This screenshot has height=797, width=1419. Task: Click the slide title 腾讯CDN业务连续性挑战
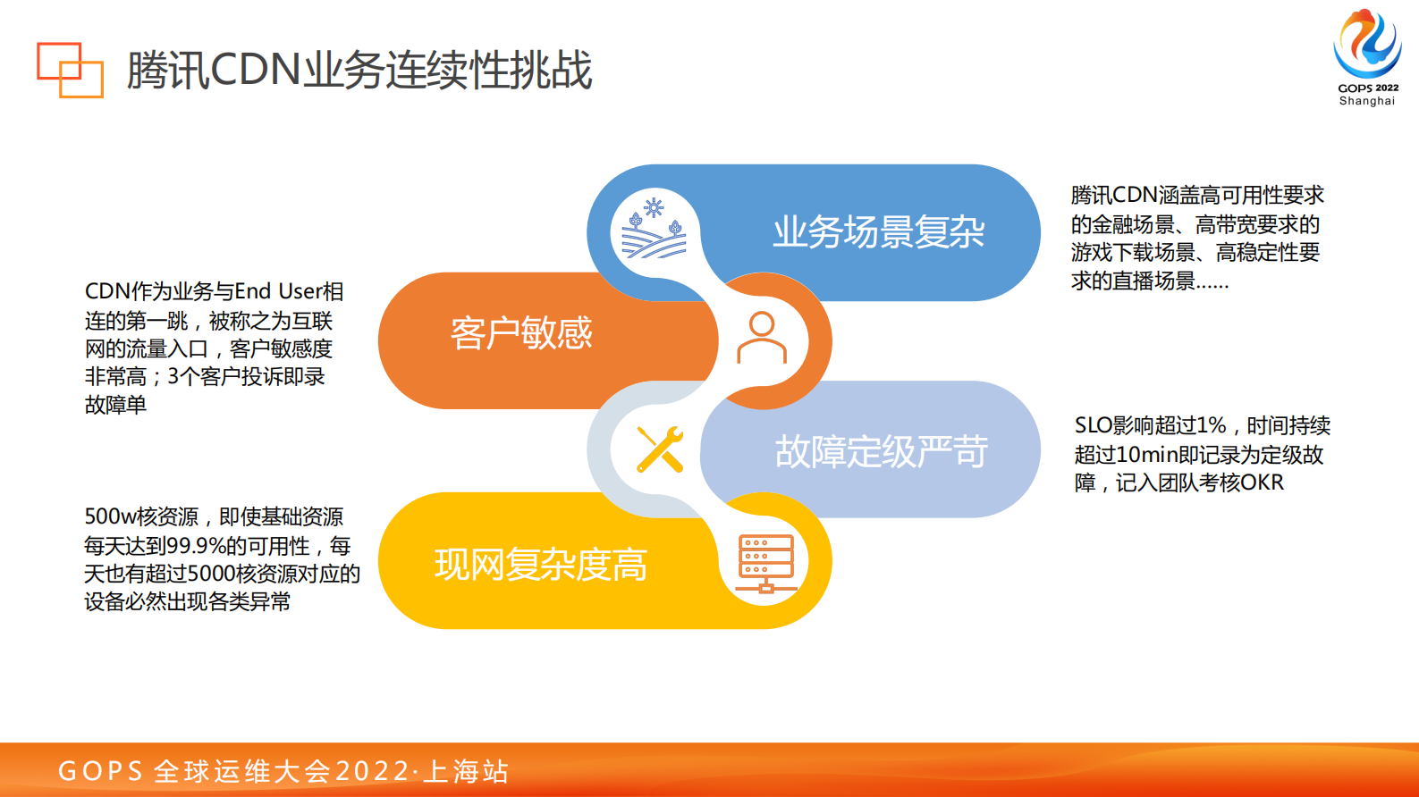pyautogui.click(x=359, y=70)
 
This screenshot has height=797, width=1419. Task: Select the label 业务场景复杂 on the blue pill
pyautogui.click(x=878, y=232)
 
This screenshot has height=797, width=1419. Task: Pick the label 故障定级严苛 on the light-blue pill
pyautogui.click(x=881, y=451)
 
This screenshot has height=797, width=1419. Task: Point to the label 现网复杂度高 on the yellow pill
pyautogui.click(x=540, y=565)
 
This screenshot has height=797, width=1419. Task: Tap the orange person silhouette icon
pyautogui.click(x=762, y=338)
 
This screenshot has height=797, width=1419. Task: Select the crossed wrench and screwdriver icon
pyautogui.click(x=660, y=449)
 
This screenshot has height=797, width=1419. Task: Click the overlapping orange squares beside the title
pyautogui.click(x=70, y=70)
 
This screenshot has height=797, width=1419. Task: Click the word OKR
pyautogui.click(x=1262, y=483)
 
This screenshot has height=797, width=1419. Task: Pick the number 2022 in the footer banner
pyautogui.click(x=372, y=771)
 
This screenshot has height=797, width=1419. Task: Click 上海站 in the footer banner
pyautogui.click(x=466, y=771)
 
